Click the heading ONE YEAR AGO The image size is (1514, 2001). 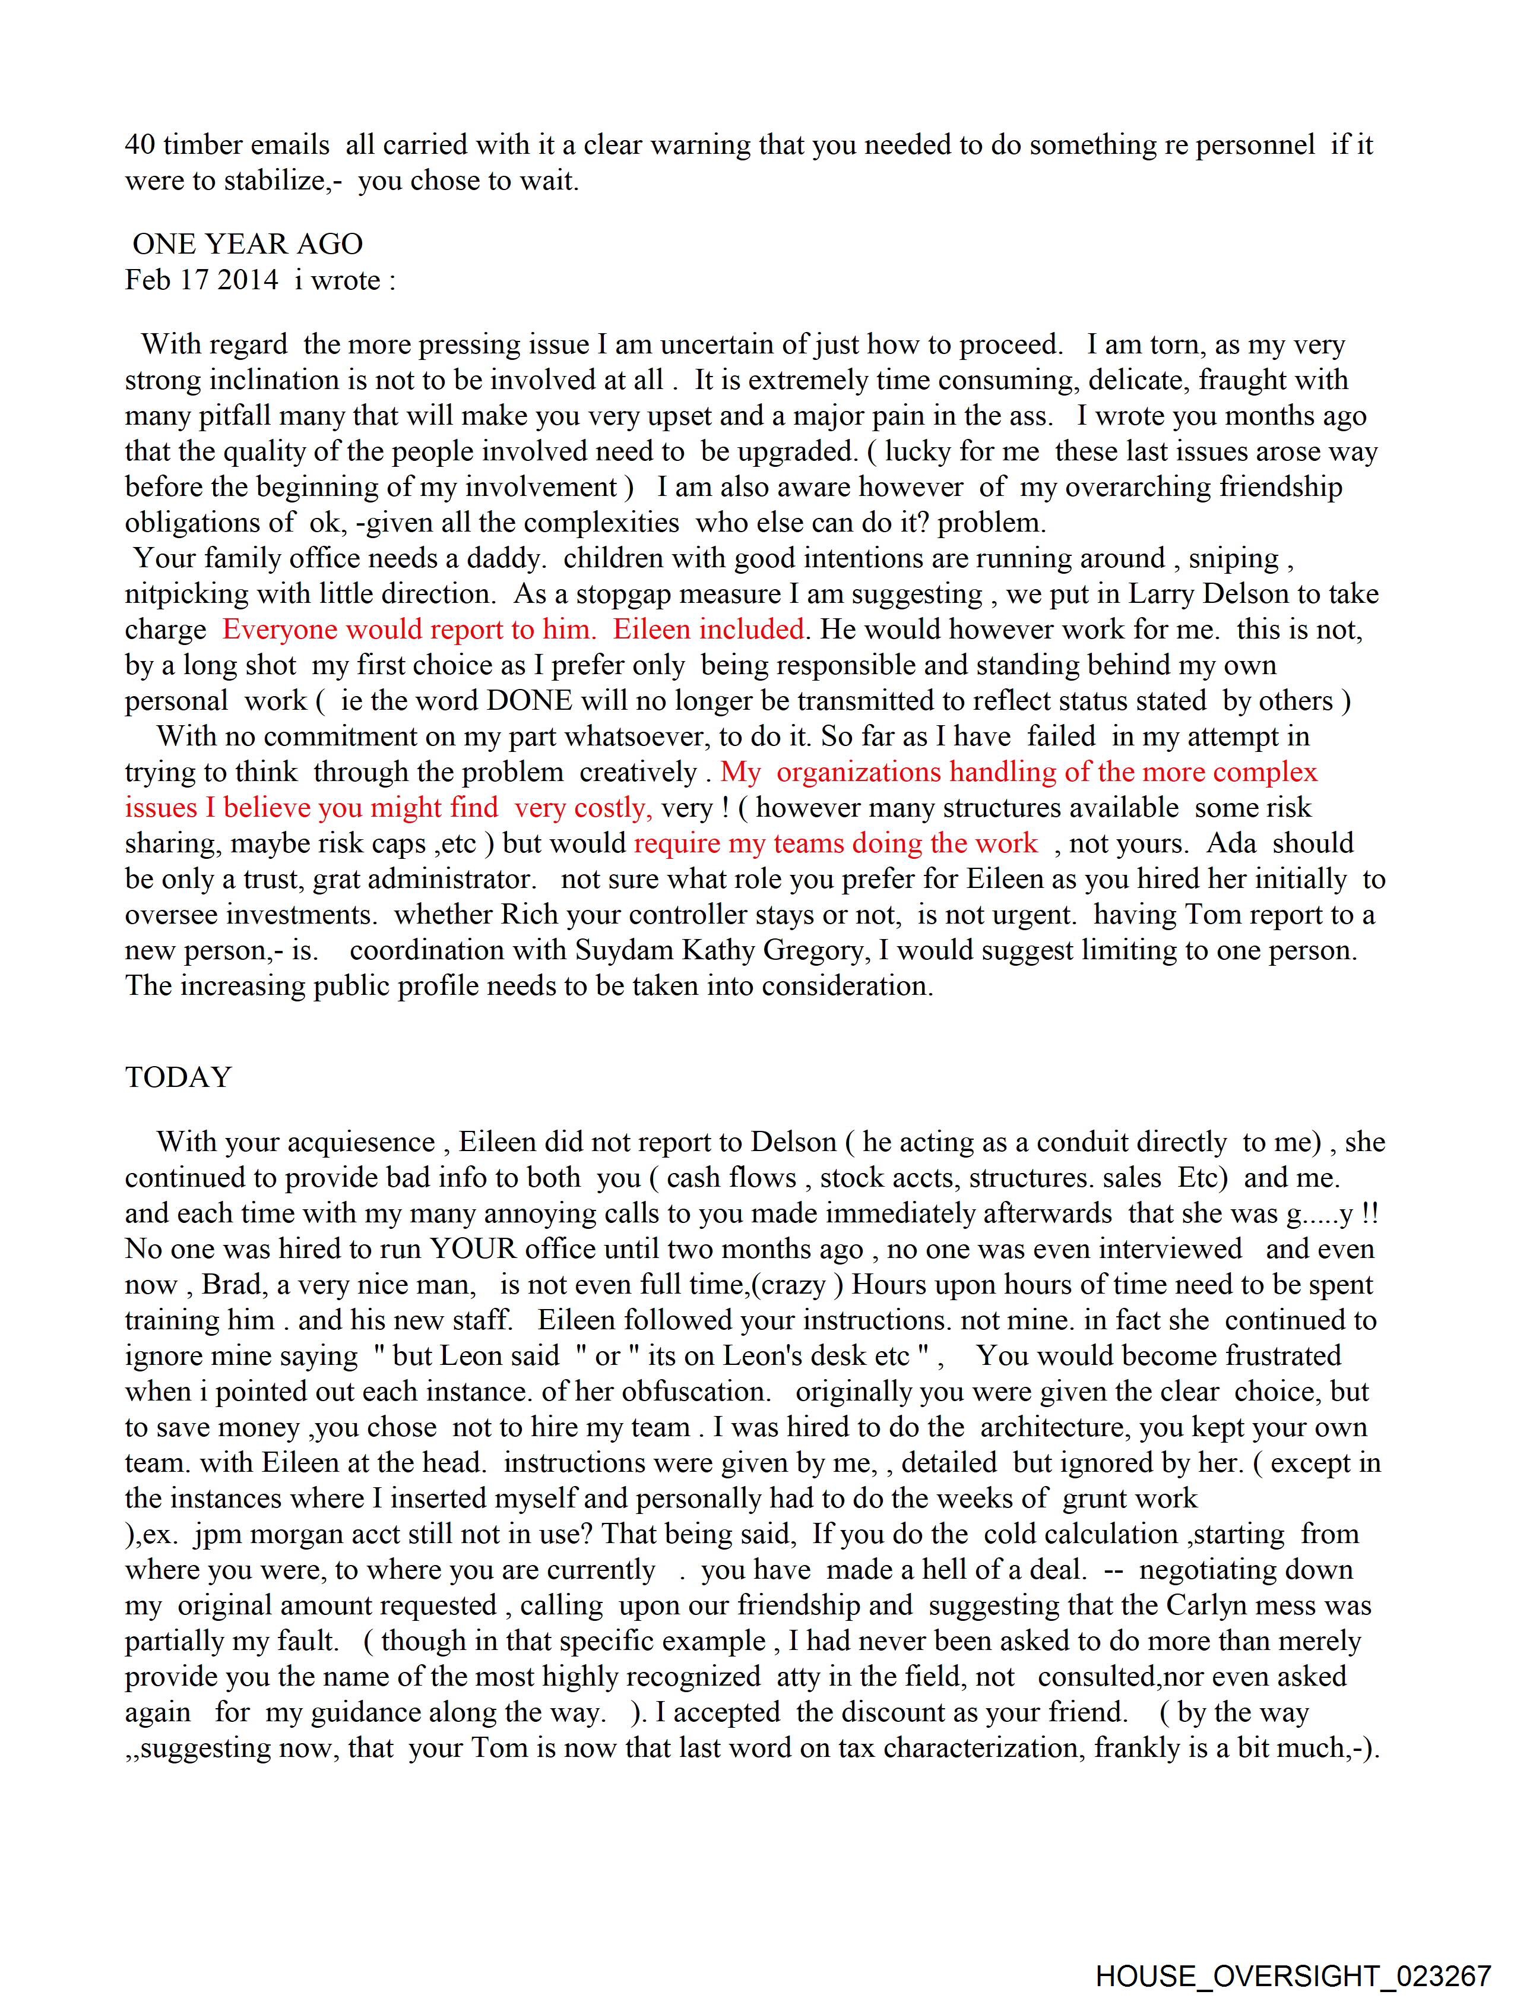tap(247, 244)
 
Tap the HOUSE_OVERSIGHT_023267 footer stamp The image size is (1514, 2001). tap(1293, 1975)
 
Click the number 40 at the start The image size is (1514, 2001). tap(140, 145)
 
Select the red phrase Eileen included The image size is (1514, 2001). tap(708, 629)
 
